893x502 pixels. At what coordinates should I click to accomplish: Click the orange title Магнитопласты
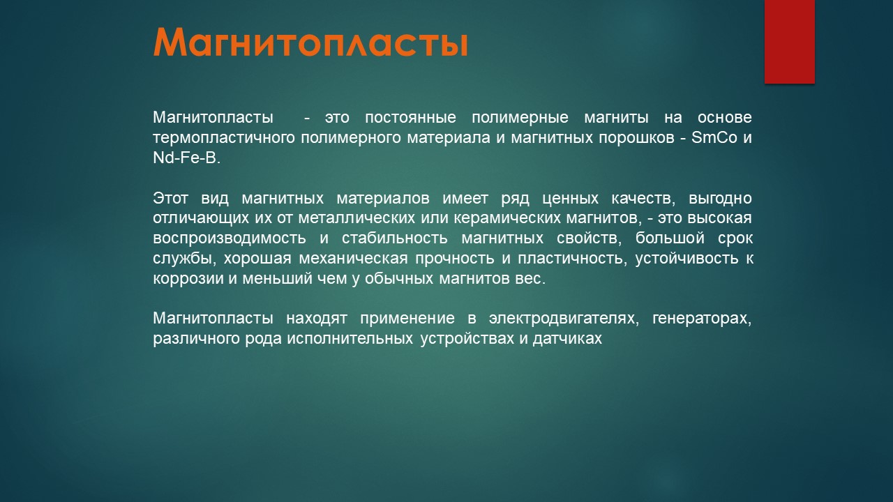(x=310, y=43)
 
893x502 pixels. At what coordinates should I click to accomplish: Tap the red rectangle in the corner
(x=789, y=41)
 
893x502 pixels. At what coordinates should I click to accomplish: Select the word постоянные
(x=410, y=118)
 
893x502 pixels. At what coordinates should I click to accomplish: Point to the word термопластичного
(x=223, y=138)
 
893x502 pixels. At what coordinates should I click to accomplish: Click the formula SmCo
(x=714, y=137)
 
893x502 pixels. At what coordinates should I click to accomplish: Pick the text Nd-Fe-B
(x=186, y=158)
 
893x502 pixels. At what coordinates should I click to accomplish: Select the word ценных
(x=570, y=199)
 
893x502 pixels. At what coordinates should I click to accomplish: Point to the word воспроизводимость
(x=230, y=238)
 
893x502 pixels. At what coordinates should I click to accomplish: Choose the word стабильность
(x=395, y=238)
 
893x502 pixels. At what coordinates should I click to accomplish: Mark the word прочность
(x=455, y=258)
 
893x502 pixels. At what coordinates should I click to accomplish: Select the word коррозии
(x=188, y=278)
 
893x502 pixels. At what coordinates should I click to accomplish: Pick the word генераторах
(x=702, y=319)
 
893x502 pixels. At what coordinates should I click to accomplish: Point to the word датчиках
(x=567, y=339)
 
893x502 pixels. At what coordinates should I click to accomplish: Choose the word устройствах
(x=467, y=339)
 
